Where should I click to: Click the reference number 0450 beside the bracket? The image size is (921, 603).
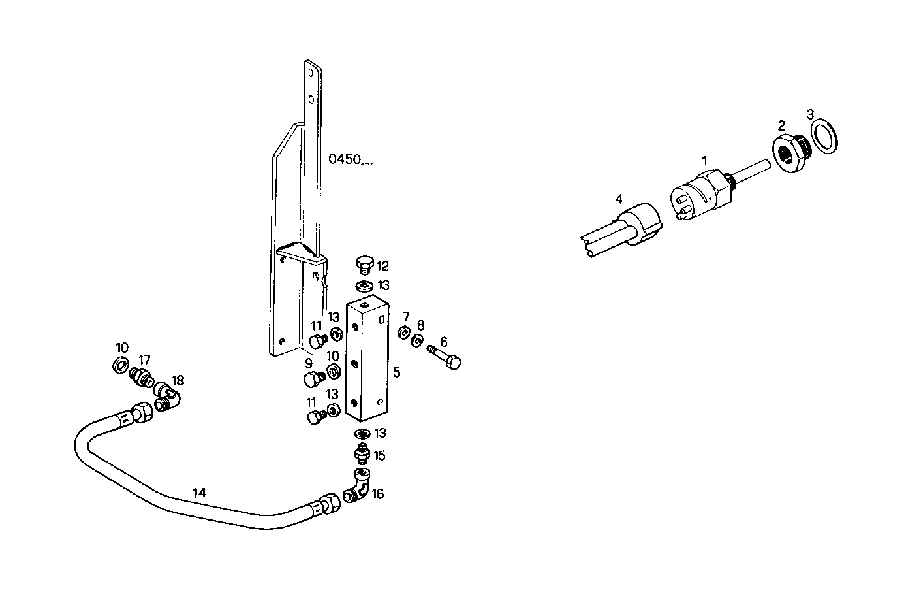point(346,159)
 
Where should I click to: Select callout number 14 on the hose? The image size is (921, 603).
point(199,493)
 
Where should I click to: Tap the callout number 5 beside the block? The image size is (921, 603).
point(396,373)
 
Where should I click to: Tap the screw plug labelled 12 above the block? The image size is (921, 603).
point(365,265)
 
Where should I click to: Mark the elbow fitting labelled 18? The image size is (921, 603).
point(168,397)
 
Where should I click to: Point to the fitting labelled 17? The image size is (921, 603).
point(141,377)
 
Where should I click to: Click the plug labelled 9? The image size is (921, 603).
point(313,379)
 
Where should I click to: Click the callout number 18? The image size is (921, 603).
point(178,380)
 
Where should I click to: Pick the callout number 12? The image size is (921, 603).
point(382,266)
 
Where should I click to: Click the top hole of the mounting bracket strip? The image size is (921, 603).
point(312,71)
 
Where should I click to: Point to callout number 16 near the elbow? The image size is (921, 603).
point(378,494)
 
